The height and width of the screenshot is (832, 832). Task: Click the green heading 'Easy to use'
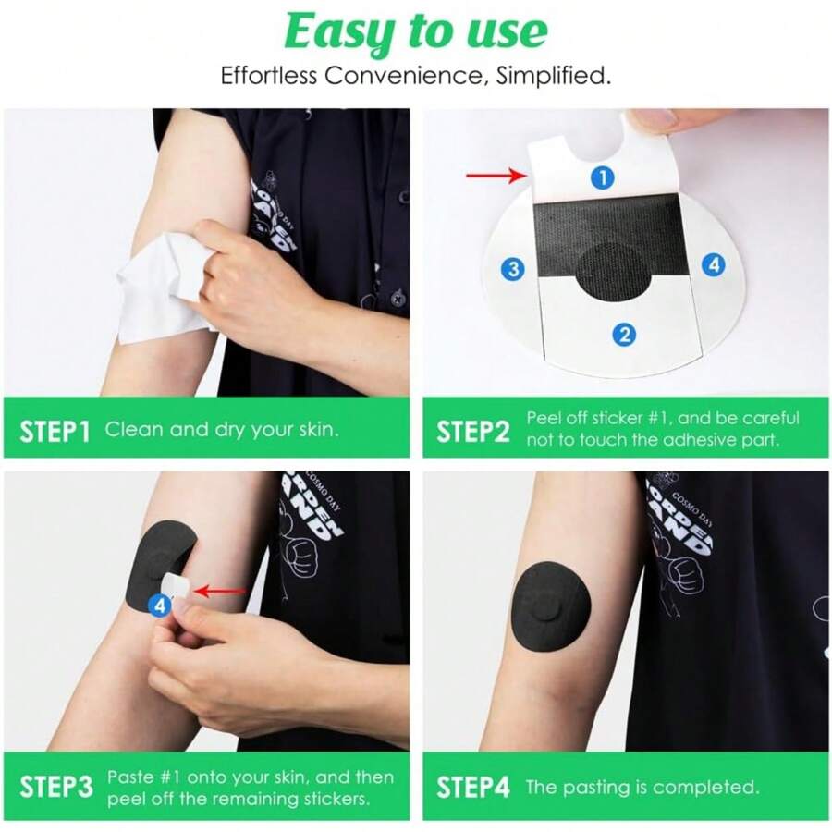[x=415, y=32]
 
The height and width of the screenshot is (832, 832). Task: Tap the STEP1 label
[x=55, y=430]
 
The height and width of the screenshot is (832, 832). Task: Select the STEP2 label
[x=472, y=431]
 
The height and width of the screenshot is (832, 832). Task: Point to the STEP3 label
[x=55, y=788]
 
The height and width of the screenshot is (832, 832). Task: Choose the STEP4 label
[x=472, y=788]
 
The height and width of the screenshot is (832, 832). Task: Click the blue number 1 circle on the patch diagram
[x=602, y=177]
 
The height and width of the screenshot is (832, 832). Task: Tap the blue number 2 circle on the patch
[x=625, y=334]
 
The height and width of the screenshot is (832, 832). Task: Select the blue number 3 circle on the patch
[x=514, y=269]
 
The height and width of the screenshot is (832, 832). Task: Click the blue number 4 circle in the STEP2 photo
[x=712, y=264]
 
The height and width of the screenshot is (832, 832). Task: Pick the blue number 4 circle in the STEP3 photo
[x=160, y=606]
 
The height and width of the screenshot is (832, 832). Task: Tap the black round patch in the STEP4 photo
[x=552, y=606]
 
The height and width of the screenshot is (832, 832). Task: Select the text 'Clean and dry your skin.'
[x=223, y=430]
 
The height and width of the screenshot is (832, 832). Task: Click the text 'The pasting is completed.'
[x=642, y=788]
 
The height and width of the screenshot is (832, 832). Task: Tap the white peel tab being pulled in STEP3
[x=177, y=585]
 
